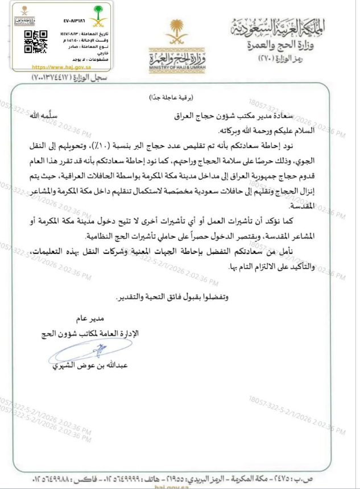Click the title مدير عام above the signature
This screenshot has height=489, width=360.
[86, 319]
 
